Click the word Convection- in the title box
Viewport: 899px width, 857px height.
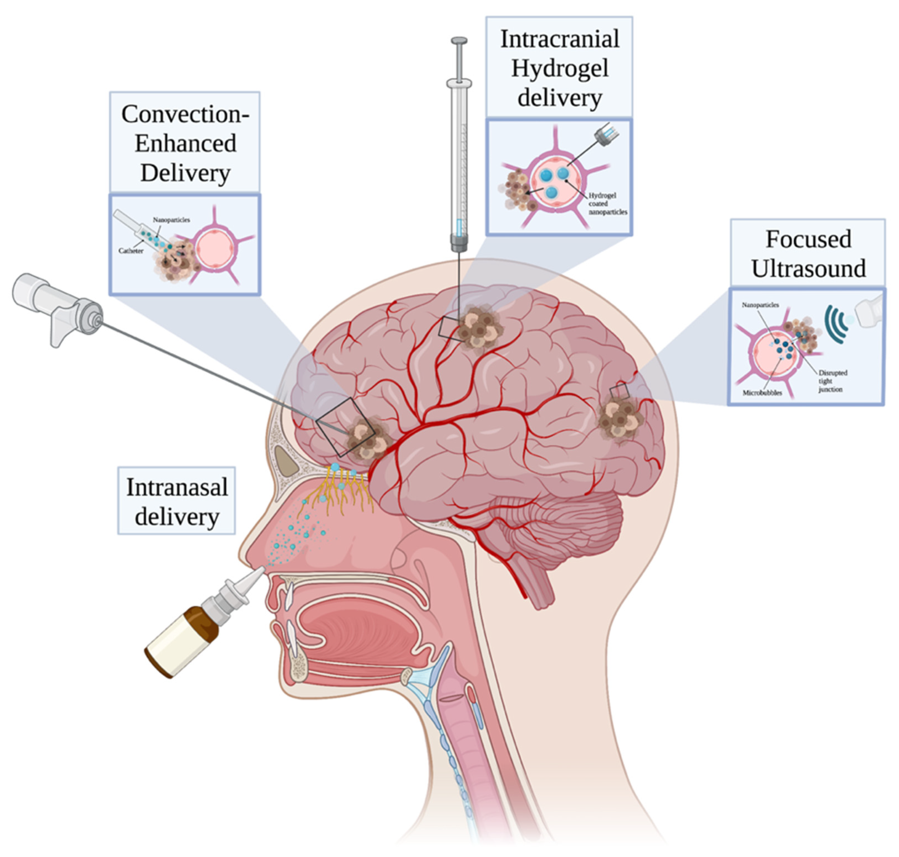point(185,114)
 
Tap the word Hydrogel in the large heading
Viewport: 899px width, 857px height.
point(559,69)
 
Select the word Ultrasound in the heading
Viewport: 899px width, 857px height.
point(808,269)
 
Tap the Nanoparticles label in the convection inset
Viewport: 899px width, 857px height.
point(171,220)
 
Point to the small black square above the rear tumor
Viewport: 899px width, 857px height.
point(619,392)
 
